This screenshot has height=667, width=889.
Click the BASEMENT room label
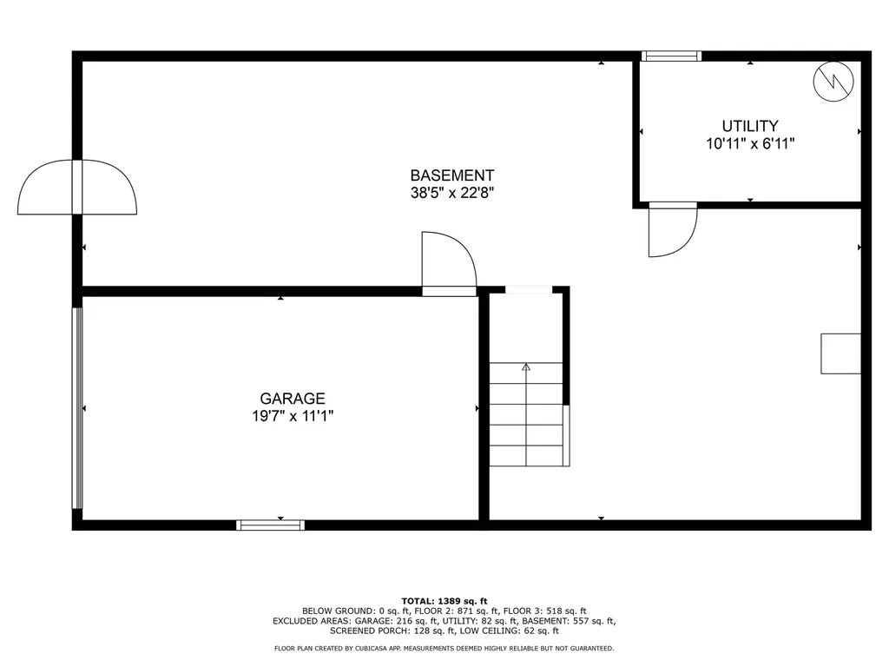pyautogui.click(x=452, y=175)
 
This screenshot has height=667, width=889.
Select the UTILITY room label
pyautogui.click(x=750, y=126)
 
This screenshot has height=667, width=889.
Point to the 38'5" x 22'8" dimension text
pyautogui.click(x=452, y=194)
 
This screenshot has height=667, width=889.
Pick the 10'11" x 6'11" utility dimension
pyautogui.click(x=750, y=144)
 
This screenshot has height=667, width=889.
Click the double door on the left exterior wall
pyautogui.click(x=77, y=187)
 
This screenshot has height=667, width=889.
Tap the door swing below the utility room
pyautogui.click(x=672, y=231)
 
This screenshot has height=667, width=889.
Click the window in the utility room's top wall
pyautogui.click(x=671, y=56)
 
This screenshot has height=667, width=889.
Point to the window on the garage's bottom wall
pyautogui.click(x=271, y=525)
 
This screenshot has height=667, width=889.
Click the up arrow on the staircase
pyautogui.click(x=525, y=368)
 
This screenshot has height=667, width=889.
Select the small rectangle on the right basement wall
pyautogui.click(x=840, y=353)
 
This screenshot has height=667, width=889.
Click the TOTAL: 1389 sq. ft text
pyautogui.click(x=444, y=601)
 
